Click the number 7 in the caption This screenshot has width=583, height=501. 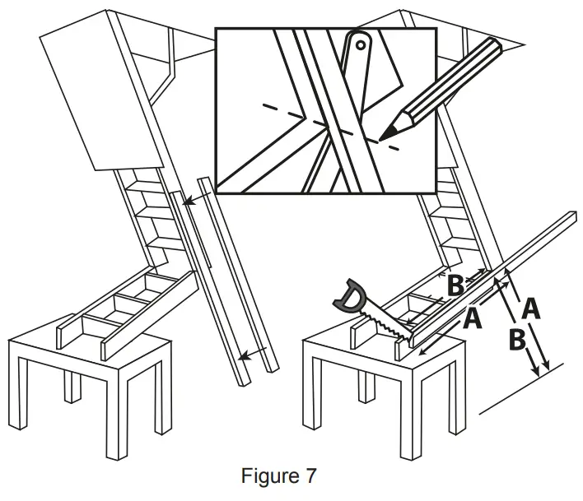pyautogui.click(x=310, y=475)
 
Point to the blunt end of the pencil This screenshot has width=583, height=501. pyautogui.click(x=493, y=44)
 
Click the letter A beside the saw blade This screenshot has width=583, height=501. pyautogui.click(x=472, y=318)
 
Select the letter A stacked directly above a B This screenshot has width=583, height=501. pyautogui.click(x=531, y=309)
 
